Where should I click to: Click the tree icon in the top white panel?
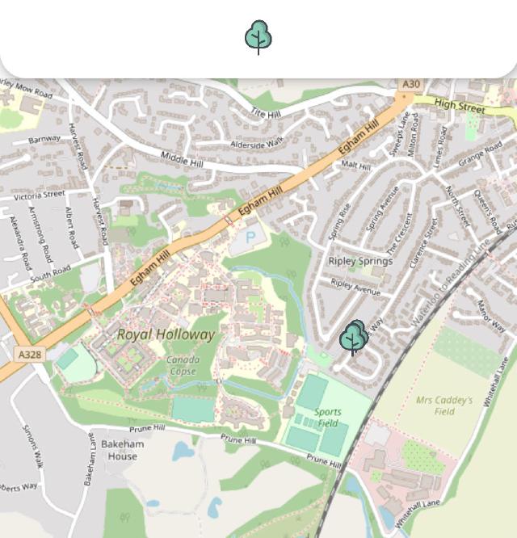(258, 37)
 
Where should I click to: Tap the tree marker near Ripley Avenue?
(354, 338)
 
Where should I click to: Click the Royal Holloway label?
(166, 334)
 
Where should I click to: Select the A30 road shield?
(411, 84)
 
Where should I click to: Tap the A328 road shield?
(29, 355)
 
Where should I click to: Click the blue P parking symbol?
(250, 237)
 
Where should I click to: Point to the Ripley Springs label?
(360, 261)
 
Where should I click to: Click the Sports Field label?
(328, 417)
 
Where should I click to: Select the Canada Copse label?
(183, 366)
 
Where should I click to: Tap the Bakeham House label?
(123, 450)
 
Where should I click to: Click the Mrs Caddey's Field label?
(444, 405)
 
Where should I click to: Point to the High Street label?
(460, 105)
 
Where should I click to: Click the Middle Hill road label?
(181, 159)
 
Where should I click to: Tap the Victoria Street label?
(39, 195)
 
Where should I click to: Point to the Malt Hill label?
(355, 166)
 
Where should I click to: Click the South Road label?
(50, 275)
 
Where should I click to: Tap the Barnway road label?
(44, 139)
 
